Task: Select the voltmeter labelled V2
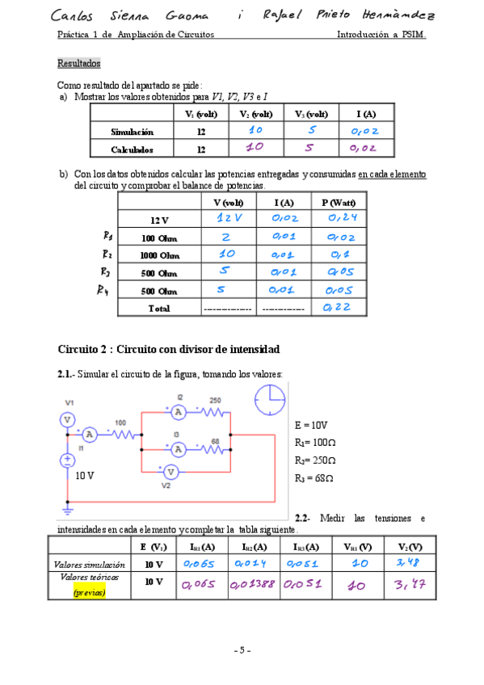coord(170,470)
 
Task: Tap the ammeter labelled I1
coord(90,435)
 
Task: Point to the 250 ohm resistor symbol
coord(213,411)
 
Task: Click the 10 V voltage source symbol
coord(69,460)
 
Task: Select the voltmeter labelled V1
coord(69,418)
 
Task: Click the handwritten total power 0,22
coord(337,308)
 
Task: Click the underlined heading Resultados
coord(79,63)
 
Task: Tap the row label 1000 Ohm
coord(158,255)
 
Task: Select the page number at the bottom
coord(242,650)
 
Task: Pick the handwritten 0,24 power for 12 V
coord(343,219)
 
